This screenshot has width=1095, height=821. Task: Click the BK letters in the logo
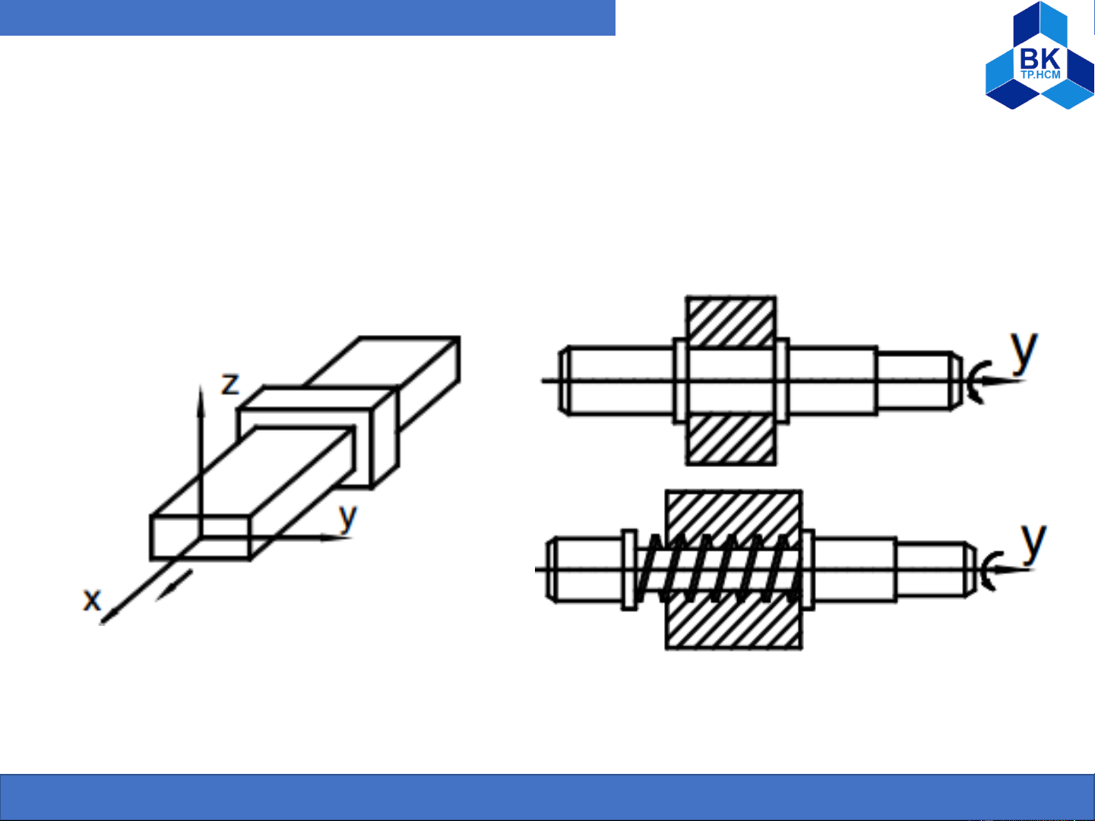(1040, 58)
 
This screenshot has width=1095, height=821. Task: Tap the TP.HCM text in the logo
(1040, 74)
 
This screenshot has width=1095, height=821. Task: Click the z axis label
(230, 384)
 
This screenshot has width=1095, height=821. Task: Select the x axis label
(92, 598)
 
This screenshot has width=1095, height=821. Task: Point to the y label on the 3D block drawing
(348, 518)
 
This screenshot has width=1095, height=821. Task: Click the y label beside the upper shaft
(1024, 351)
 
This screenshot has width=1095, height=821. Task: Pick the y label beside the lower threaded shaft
(1033, 543)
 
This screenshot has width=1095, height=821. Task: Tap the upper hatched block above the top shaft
(731, 321)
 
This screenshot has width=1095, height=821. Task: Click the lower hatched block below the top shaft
(731, 440)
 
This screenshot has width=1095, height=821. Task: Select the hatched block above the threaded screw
(734, 515)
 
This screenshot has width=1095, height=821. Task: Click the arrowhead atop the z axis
(201, 400)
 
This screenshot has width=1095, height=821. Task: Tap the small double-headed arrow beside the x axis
(174, 586)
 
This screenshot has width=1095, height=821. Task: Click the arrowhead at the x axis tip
(108, 617)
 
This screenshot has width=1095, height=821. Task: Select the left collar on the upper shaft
(679, 381)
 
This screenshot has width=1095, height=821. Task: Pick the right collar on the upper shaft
(783, 381)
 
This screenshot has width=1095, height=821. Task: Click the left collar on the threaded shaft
(629, 570)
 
